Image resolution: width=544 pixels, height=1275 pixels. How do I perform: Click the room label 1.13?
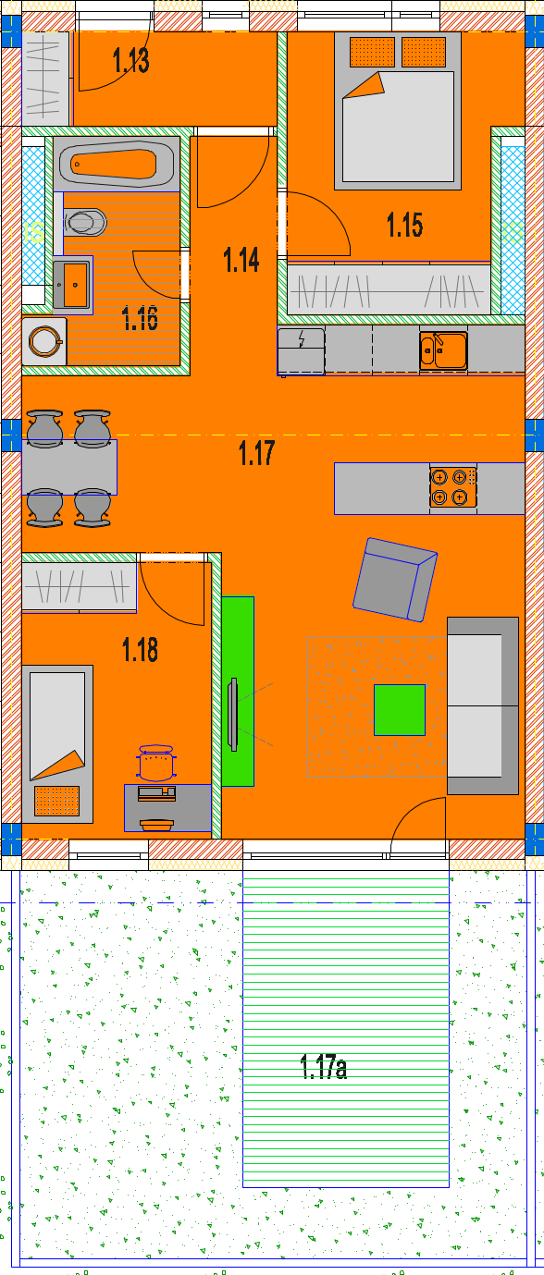131,60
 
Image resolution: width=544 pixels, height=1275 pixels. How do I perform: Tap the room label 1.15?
405,225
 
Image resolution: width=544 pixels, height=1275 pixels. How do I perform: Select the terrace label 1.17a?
324,1067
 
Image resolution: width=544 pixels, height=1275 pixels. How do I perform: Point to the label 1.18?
140,649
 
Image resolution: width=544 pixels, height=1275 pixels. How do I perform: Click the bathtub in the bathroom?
117,165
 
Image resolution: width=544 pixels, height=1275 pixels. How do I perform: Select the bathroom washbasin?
72,284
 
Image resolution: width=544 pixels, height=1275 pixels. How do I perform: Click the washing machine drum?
45,341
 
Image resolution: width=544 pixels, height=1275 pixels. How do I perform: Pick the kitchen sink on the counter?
444,349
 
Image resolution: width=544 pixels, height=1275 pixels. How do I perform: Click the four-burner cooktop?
452,487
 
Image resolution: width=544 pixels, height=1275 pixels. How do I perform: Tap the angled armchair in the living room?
395,580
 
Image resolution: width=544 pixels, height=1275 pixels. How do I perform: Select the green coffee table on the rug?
400,710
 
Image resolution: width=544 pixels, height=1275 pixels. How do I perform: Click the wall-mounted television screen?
232,715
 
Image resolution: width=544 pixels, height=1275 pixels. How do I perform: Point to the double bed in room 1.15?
398,111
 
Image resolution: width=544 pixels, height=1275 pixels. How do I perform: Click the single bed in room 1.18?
57,744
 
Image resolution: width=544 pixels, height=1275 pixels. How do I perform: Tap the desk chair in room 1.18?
156,764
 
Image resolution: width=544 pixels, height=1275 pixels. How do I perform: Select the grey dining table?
69,467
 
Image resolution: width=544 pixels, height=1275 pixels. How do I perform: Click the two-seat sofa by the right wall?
483,705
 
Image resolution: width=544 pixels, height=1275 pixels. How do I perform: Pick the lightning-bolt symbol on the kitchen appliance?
302,339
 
